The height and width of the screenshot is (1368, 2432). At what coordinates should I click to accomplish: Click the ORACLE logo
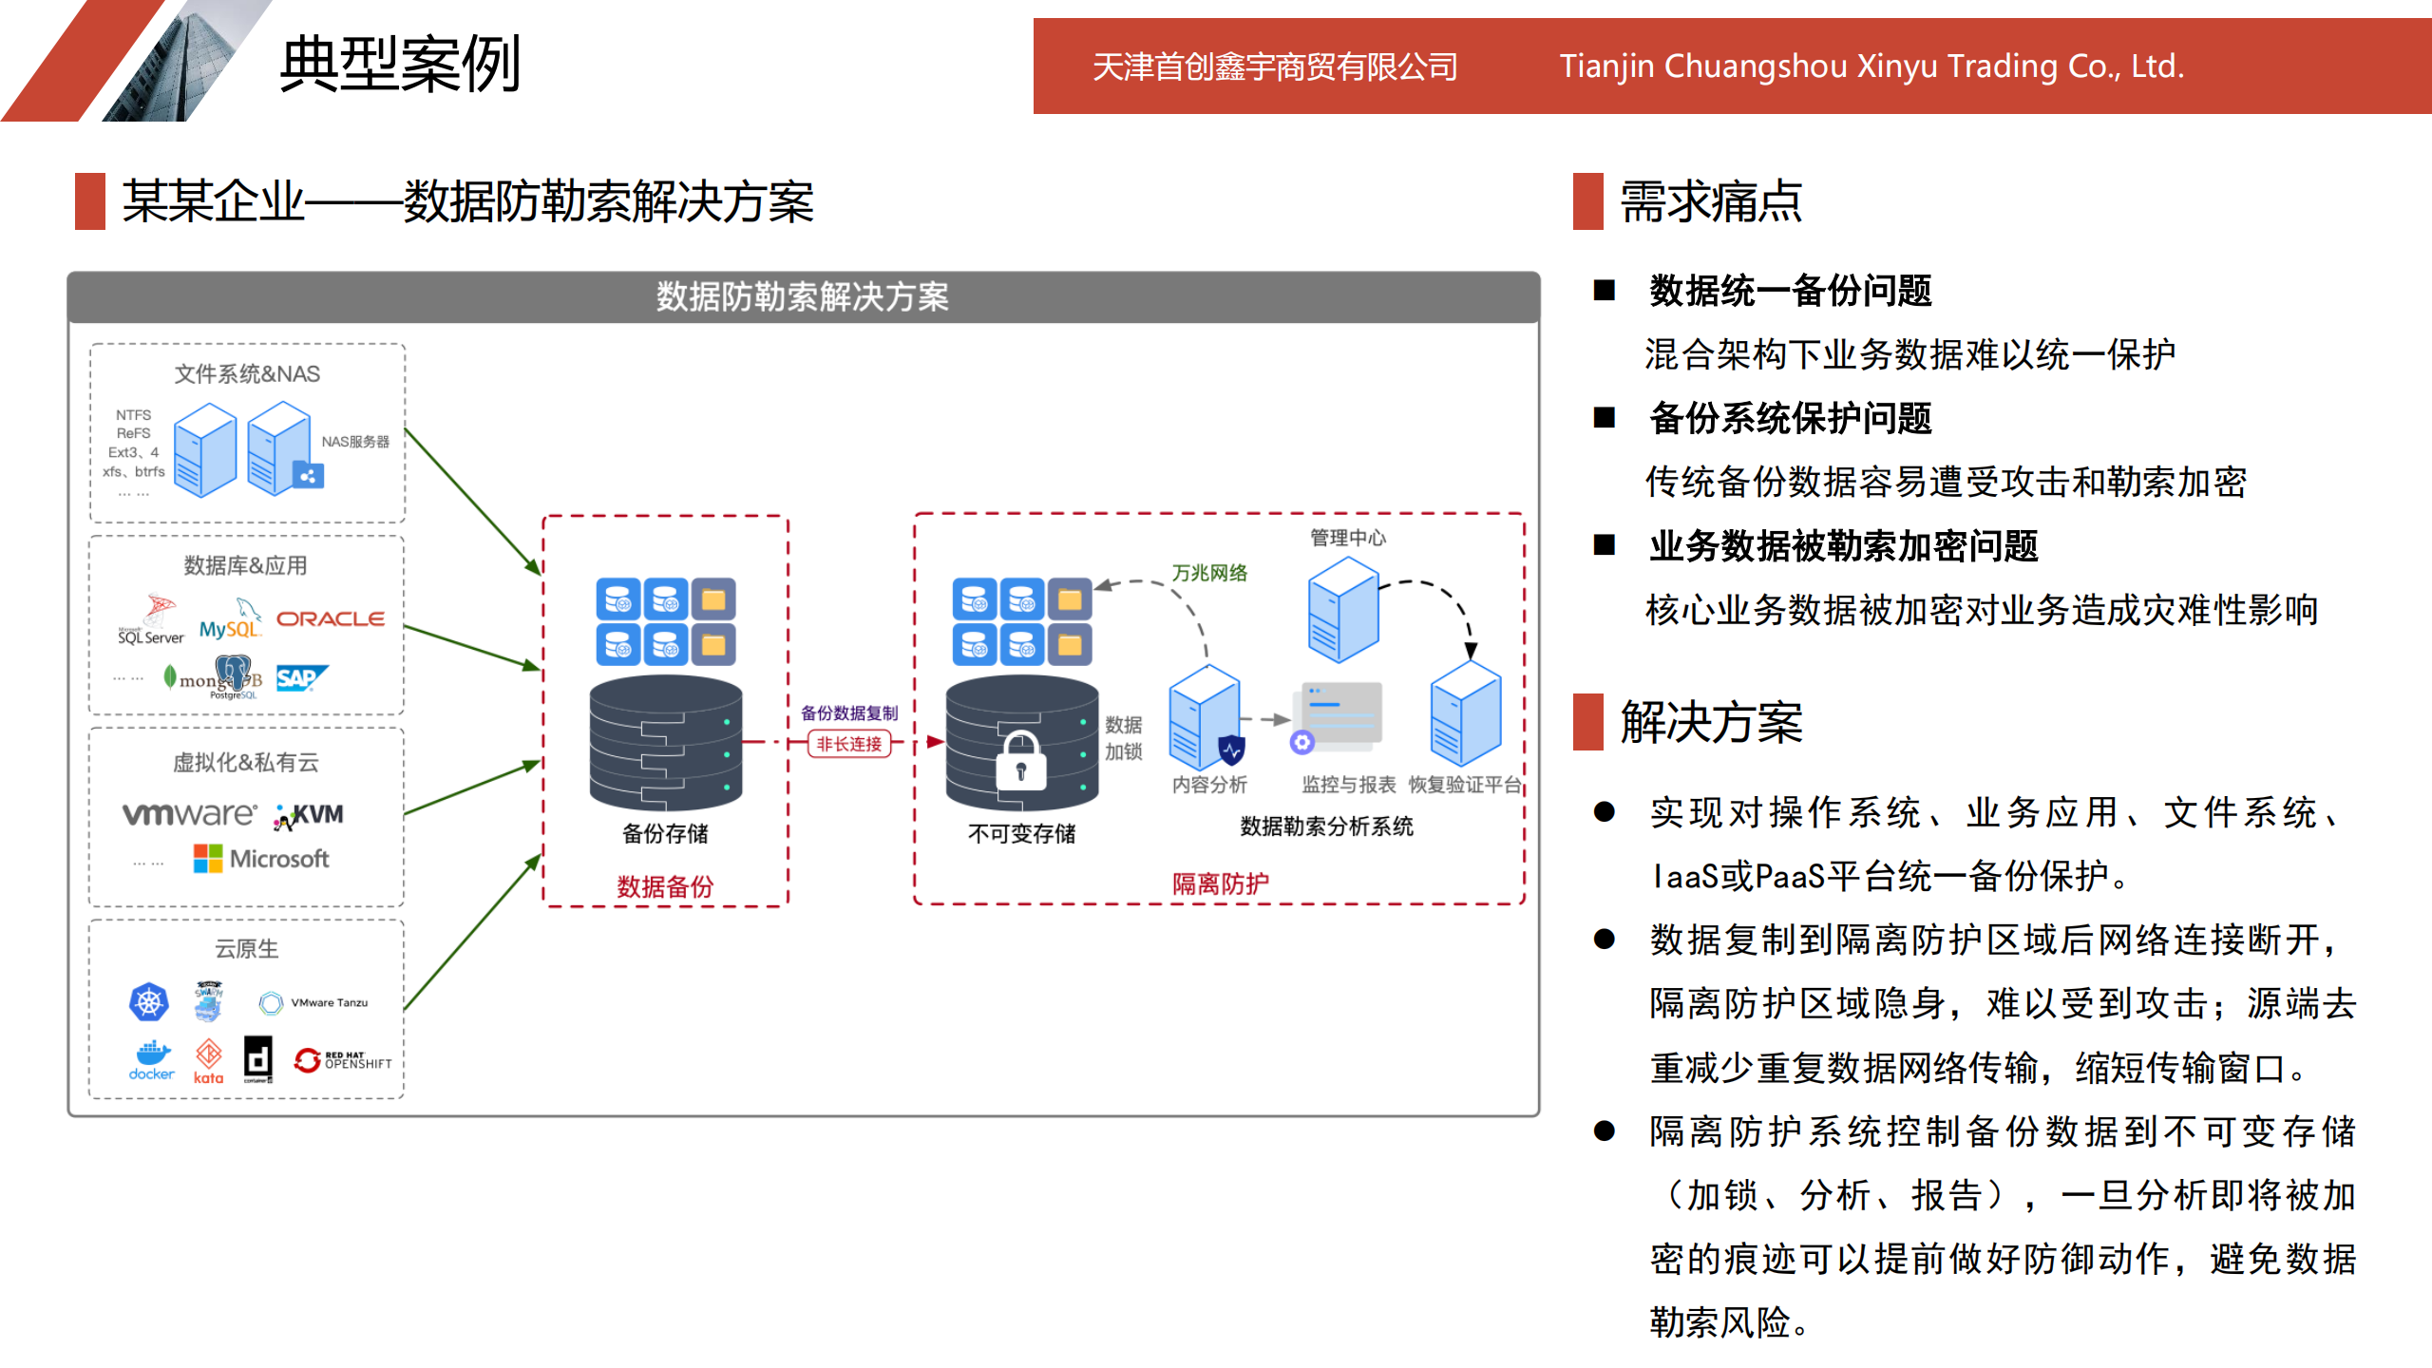[330, 618]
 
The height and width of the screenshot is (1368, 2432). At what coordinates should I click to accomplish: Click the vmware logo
[189, 814]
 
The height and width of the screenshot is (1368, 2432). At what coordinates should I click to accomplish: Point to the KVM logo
[310, 815]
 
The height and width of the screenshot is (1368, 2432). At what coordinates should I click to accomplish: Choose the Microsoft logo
[261, 859]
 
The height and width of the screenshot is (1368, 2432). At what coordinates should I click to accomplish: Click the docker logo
[152, 1060]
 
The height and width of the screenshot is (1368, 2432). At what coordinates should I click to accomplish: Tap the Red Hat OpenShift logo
[342, 1060]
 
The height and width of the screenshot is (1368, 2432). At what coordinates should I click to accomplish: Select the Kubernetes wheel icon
[149, 1002]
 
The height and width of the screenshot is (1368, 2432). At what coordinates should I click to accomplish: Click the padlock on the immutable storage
[1021, 761]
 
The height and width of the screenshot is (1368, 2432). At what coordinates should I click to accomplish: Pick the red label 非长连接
[849, 744]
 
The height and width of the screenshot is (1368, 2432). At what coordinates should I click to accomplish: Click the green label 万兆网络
[1209, 573]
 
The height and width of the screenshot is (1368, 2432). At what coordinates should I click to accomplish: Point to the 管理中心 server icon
[1342, 609]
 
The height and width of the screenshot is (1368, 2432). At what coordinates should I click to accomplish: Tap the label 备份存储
[665, 833]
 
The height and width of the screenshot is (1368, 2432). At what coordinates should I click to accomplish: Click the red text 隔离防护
[1220, 883]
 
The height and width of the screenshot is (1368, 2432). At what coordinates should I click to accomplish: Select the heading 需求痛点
[1710, 201]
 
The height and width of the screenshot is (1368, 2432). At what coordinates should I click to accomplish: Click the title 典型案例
[400, 65]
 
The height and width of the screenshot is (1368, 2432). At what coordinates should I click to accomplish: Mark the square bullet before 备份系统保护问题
[1605, 418]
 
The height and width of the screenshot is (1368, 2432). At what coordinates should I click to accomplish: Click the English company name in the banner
[1871, 66]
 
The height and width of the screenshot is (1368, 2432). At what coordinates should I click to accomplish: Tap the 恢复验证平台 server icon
[1466, 713]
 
